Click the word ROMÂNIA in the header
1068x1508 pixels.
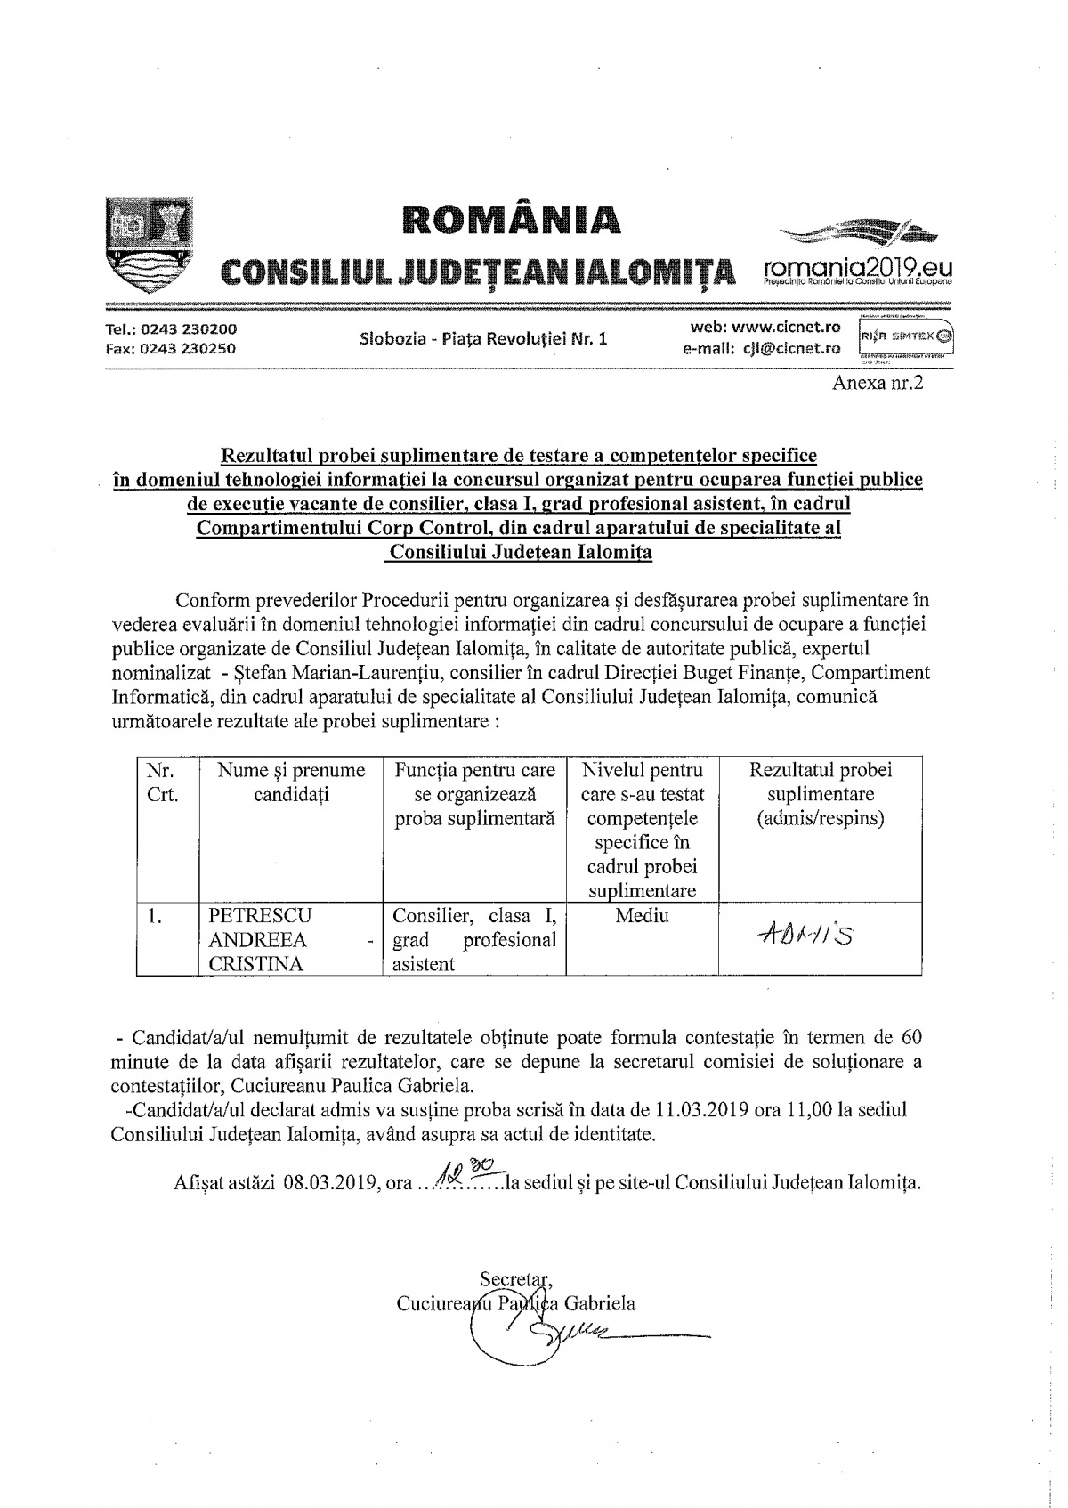click(509, 220)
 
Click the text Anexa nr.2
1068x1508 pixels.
click(878, 384)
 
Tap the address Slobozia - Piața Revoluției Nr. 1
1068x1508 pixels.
click(483, 338)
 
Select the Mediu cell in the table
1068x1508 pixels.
click(642, 916)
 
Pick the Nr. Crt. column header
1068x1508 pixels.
click(162, 782)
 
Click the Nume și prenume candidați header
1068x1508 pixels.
click(291, 782)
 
